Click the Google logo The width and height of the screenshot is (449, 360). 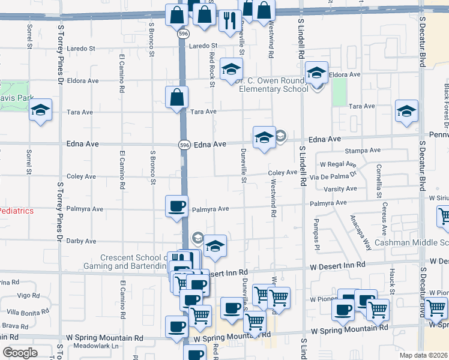coord(20,353)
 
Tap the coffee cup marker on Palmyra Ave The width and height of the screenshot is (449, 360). coord(177,206)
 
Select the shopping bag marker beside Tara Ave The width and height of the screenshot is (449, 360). coord(177,97)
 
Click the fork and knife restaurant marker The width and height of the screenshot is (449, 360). coord(229,21)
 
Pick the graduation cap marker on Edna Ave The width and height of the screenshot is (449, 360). coord(264,137)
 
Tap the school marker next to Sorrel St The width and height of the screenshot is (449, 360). coord(41,110)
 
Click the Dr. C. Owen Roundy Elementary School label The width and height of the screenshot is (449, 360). coord(268,85)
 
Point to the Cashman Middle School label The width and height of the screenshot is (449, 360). coord(411,243)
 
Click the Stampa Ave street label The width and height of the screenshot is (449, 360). coord(366,151)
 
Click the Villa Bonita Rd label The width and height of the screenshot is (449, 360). coord(28,312)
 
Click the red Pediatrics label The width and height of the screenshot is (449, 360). coord(17,211)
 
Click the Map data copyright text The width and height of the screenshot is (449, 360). coord(424,355)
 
